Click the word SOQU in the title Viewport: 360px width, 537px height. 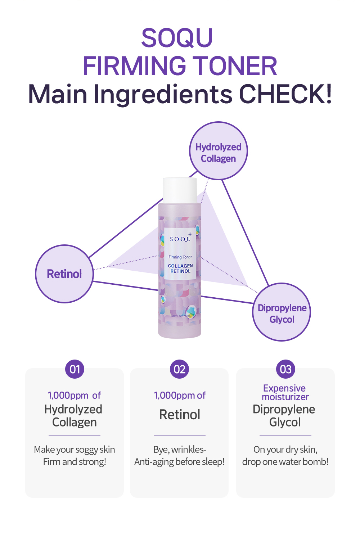[177, 38]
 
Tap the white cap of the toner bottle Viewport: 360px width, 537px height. [180, 190]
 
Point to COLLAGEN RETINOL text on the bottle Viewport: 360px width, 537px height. [180, 268]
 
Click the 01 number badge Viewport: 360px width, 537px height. [75, 369]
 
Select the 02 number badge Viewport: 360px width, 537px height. [180, 369]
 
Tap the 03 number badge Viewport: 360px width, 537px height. [285, 369]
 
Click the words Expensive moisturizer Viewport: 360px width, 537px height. [285, 393]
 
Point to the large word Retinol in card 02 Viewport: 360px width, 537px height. [180, 415]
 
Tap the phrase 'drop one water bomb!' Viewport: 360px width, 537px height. [285, 462]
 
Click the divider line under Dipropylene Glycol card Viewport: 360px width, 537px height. [285, 435]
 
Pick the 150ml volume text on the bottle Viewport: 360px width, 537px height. [174, 316]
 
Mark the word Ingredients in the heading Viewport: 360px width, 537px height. [163, 95]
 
